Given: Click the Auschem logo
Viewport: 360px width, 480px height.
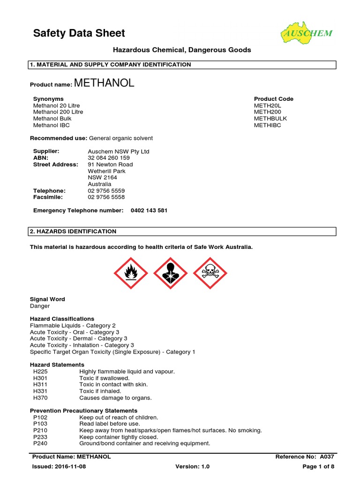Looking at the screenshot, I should (x=307, y=33).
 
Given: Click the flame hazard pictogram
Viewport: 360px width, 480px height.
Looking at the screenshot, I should (x=131, y=273).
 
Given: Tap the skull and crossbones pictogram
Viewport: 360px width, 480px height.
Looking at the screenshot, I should (x=210, y=273).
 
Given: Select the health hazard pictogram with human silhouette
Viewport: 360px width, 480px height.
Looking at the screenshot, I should (x=171, y=273).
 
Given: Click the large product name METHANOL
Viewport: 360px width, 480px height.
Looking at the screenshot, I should (x=104, y=83).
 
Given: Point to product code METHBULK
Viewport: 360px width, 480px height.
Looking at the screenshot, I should (x=270, y=119).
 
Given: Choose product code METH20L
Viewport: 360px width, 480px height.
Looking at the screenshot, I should (x=269, y=105).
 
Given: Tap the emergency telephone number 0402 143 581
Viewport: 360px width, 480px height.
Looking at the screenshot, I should (x=149, y=210).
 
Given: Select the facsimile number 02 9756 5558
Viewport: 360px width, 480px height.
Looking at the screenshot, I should (x=106, y=197).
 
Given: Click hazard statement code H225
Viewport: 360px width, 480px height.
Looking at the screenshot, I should (x=41, y=371).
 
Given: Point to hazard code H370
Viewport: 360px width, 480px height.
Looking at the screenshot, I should (x=41, y=397).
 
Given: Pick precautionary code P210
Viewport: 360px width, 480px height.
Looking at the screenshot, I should (x=40, y=430).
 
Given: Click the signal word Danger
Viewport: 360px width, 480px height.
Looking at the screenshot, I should (x=40, y=306).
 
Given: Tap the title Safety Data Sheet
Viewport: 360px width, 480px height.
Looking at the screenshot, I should (x=79, y=33).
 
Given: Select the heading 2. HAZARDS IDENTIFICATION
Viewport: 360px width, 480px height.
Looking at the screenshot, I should (x=73, y=232).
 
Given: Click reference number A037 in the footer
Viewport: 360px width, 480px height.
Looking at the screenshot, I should (x=327, y=456).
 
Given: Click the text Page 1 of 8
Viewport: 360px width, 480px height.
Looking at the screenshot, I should (x=318, y=466).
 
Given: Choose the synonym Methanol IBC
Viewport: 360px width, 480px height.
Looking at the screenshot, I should (x=52, y=125).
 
